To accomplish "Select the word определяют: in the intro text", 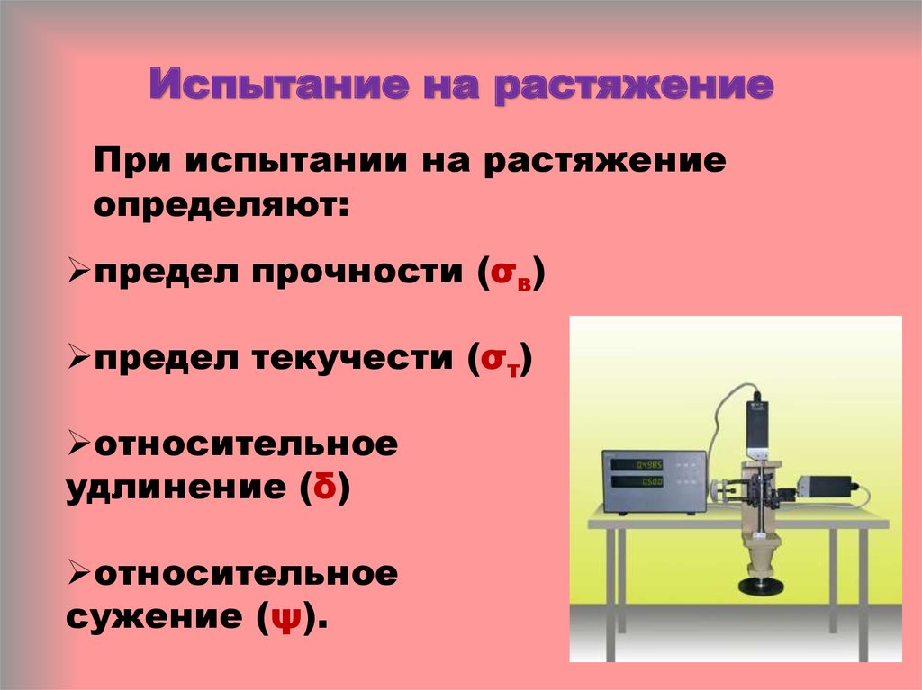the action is (x=221, y=206).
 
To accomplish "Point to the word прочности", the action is (x=357, y=273).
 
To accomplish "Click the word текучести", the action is (x=353, y=358).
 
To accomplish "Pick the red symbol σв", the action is (x=511, y=274).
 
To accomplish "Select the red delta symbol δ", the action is (x=325, y=486).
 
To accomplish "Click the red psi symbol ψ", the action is (x=286, y=618).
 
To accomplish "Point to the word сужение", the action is (x=153, y=617).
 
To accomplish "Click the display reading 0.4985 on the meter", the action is (x=649, y=465).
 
